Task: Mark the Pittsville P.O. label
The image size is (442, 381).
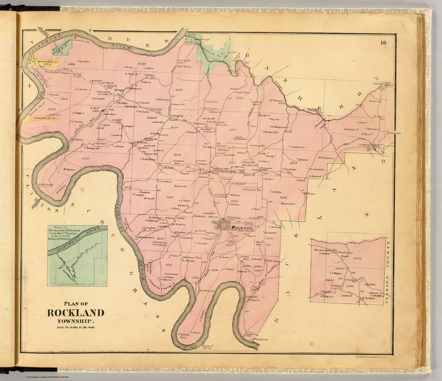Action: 243,231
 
